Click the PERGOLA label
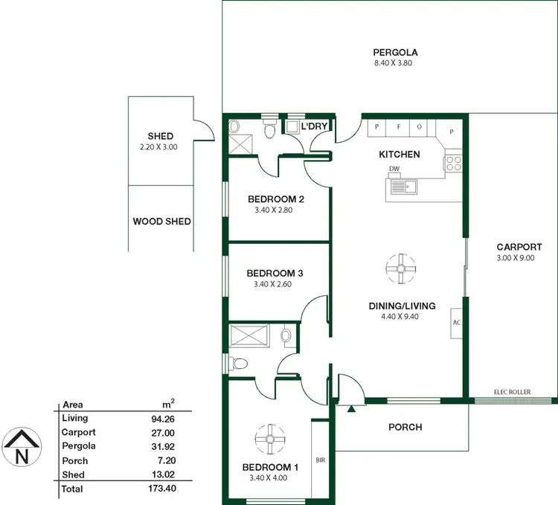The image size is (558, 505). tap(395, 52)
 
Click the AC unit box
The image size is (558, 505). tap(457, 323)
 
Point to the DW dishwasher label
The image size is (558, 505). tap(394, 170)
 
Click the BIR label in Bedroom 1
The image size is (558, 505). tap(321, 460)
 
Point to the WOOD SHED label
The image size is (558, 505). tap(161, 221)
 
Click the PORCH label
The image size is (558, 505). tap(405, 427)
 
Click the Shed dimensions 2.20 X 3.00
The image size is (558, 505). tap(161, 147)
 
